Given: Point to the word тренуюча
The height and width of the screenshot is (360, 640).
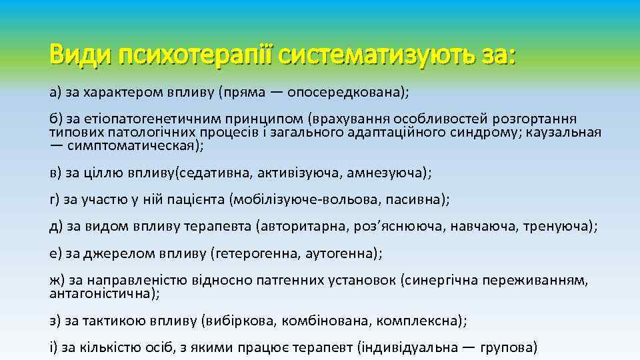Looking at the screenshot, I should point(557,227).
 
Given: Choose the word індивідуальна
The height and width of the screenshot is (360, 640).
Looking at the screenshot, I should point(410,347).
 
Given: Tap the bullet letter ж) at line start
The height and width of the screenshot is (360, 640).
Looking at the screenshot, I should point(57,281).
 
